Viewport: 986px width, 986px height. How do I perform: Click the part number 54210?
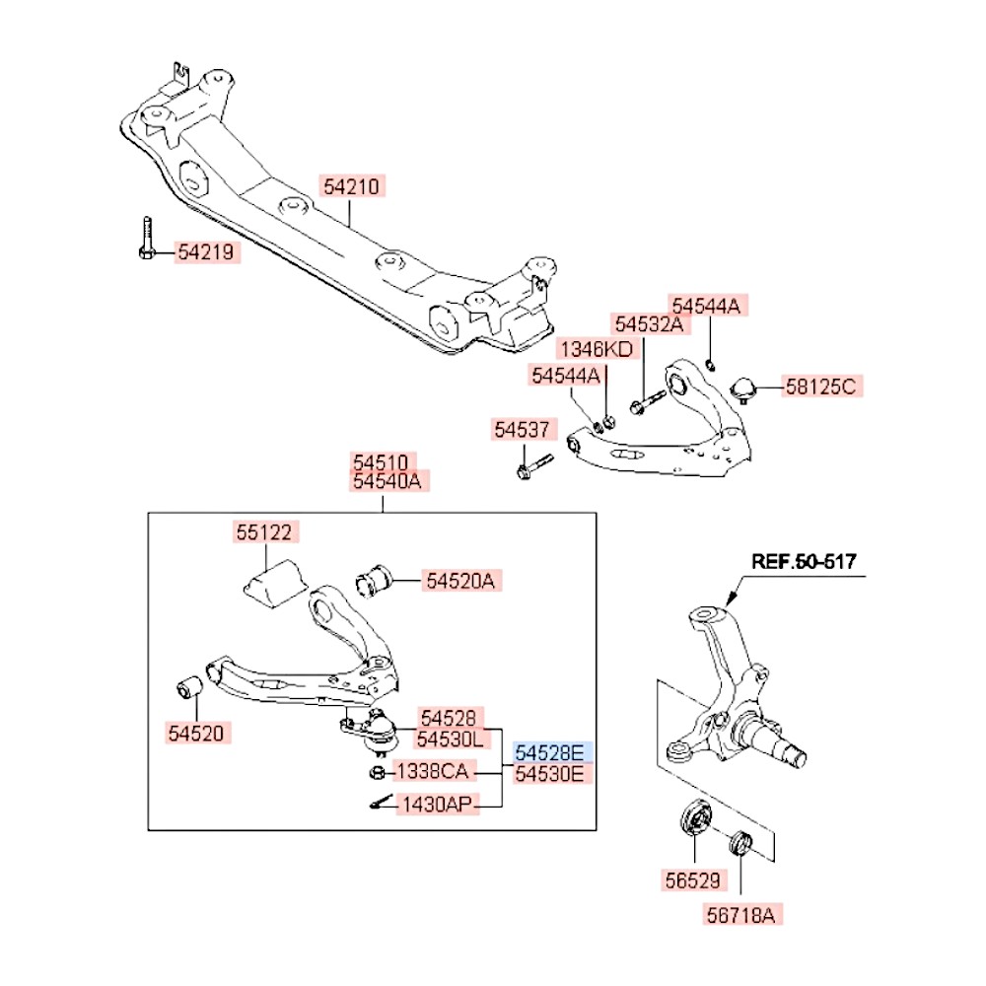pos(352,184)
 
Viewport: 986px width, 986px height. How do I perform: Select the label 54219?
pos(207,252)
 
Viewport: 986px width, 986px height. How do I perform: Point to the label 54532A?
pos(648,324)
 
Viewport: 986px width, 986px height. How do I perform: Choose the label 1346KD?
pos(598,349)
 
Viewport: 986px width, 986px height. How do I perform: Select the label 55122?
pos(264,532)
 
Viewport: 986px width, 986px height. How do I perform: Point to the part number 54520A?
pos(460,582)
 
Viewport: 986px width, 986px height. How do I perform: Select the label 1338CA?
pos(435,770)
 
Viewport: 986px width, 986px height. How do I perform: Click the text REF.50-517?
pos(804,562)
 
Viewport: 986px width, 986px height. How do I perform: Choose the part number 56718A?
pos(741,915)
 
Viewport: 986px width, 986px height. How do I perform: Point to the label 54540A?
pos(387,481)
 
